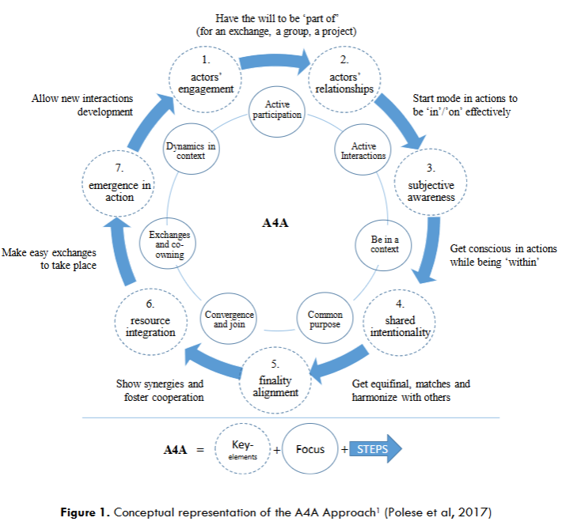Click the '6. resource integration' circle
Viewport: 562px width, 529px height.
[149, 320]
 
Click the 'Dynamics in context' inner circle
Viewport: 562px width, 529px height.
[190, 150]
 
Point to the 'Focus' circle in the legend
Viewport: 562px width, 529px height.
[310, 450]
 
